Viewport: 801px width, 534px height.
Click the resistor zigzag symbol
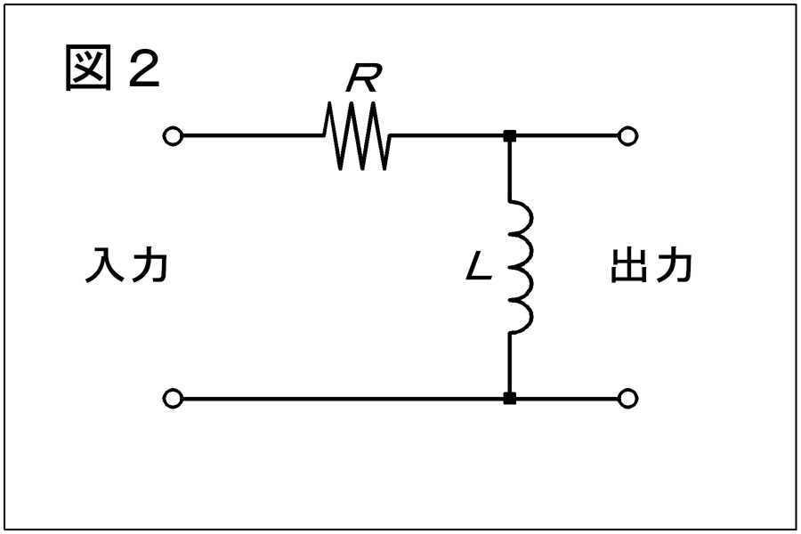357,135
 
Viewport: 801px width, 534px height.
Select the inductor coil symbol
521,267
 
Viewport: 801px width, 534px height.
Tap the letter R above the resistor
363,77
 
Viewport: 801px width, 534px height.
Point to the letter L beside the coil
479,267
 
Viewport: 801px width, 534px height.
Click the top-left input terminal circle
173,136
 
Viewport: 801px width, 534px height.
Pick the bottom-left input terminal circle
173,399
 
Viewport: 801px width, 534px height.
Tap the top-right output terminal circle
627,136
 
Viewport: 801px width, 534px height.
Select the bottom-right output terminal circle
627,399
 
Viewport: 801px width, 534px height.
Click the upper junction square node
509,136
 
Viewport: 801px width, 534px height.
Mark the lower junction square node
509,399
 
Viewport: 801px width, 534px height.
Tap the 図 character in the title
88,68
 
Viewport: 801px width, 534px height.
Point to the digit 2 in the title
144,69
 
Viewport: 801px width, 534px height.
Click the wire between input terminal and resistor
253,136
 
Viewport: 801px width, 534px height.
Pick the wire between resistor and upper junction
447,136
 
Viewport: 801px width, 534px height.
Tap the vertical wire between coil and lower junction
509,363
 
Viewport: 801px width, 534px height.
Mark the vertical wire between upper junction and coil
509,171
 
